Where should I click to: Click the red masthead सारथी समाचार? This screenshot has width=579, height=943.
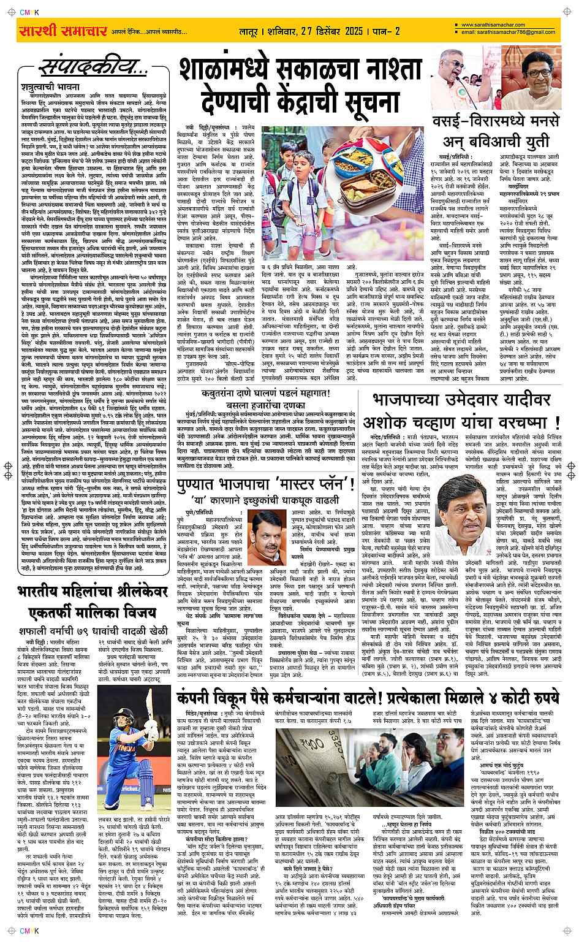pos(62,31)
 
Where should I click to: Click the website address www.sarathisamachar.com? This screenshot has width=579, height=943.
pos(493,25)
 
